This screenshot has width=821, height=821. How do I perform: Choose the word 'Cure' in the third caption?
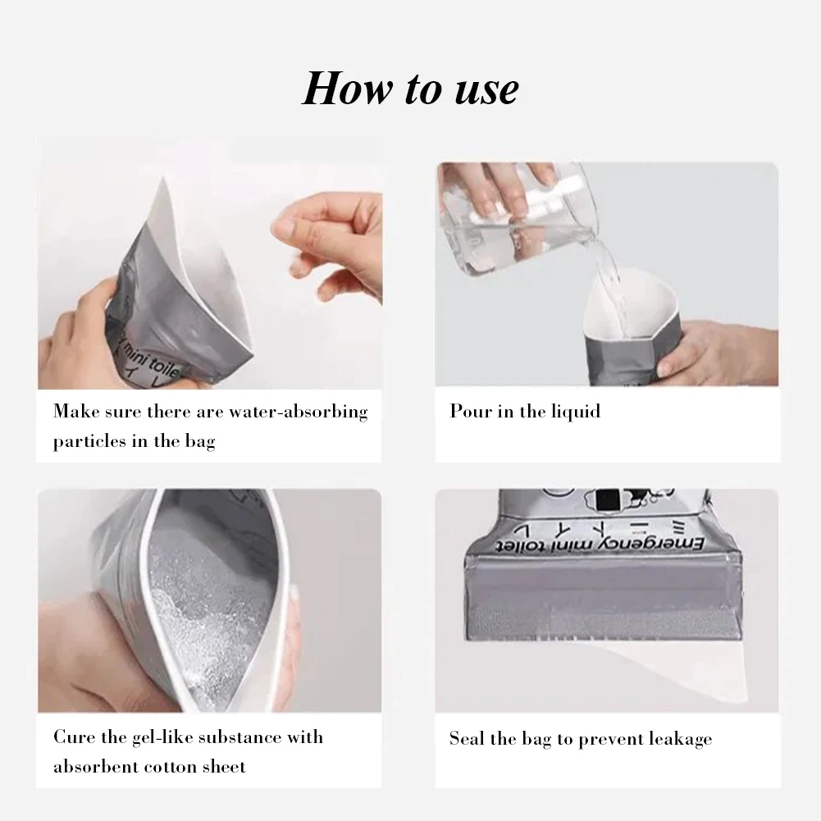pyautogui.click(x=71, y=737)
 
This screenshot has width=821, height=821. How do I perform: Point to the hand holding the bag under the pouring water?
pyautogui.click(x=722, y=349)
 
